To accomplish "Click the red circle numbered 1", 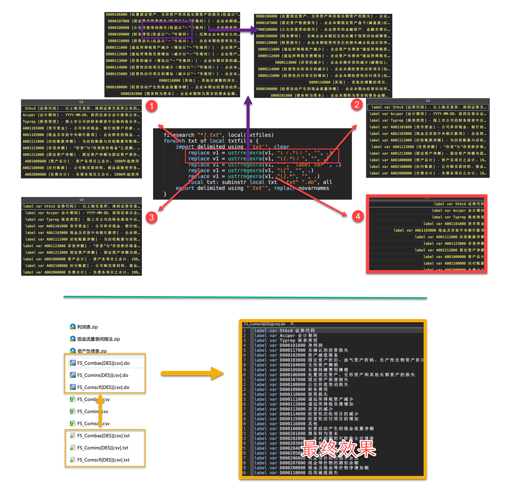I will click(x=152, y=106).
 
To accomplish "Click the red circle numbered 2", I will click(x=357, y=104).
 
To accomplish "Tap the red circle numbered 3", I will click(x=151, y=217).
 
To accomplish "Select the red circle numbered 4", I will click(x=358, y=216).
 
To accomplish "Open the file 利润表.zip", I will click(x=87, y=327).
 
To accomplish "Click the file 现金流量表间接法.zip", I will click(x=98, y=339).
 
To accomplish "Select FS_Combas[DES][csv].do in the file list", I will click(x=103, y=363).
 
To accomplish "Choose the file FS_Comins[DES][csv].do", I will click(x=102, y=375).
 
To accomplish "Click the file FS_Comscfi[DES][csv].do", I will click(x=103, y=387).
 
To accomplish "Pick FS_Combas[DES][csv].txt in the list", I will click(x=103, y=436).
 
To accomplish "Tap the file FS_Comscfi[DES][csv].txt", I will click(x=103, y=460).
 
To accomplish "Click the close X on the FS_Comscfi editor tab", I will click(x=292, y=324).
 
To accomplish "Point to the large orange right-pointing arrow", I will click(x=192, y=373).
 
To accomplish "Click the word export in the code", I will click(x=185, y=188).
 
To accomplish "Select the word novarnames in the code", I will click(x=314, y=188).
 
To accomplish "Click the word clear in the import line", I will click(x=281, y=147).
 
